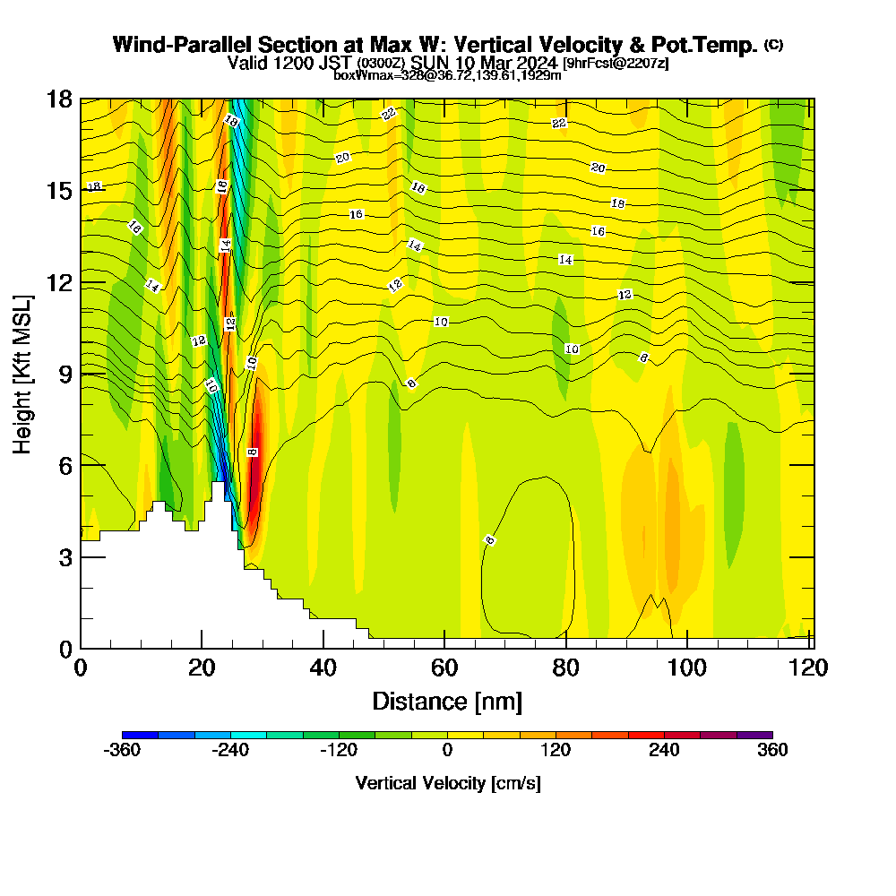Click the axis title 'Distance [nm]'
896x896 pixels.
[447, 701]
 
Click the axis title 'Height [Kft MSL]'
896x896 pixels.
[23, 373]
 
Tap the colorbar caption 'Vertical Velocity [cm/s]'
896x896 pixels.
[447, 783]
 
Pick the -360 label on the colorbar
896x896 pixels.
[122, 751]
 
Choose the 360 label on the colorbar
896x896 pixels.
[772, 751]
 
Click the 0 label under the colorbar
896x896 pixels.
[447, 751]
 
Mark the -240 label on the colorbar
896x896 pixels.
[230, 751]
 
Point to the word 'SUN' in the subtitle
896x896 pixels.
[432, 63]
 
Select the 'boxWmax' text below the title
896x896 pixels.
[358, 75]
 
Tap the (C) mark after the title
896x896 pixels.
[773, 45]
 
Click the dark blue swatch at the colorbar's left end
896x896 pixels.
[140, 735]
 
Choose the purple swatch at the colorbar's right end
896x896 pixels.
[754, 735]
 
